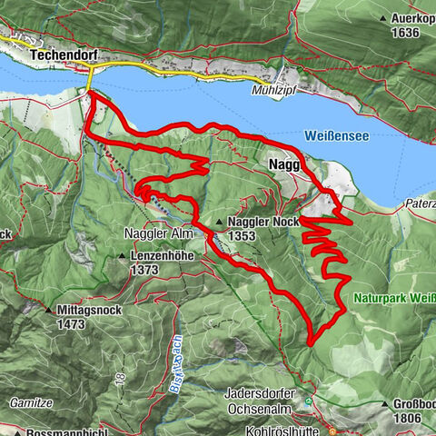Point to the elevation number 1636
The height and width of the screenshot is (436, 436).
pos(407,33)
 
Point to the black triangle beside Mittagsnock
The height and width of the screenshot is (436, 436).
pos(48,310)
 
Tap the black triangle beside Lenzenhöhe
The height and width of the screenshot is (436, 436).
pos(123,257)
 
